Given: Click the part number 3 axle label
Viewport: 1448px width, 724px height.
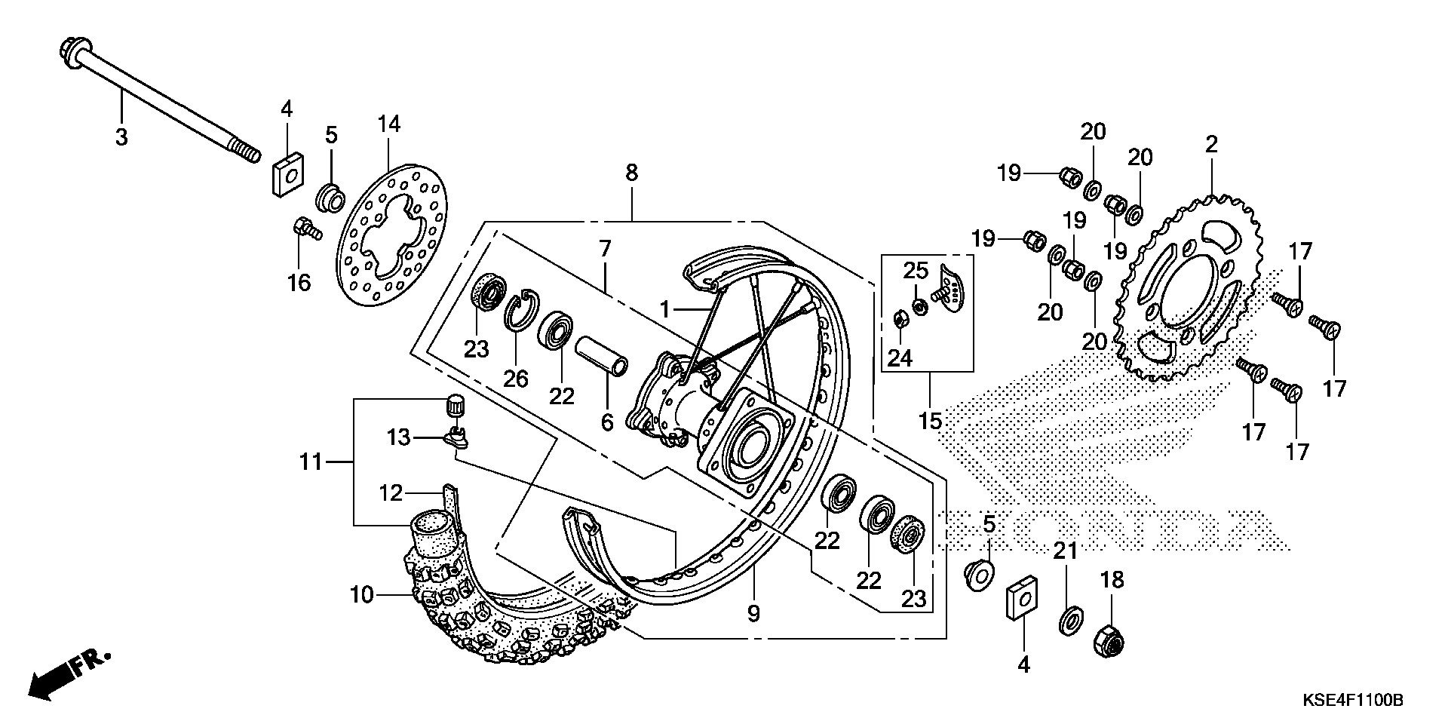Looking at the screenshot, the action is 121,137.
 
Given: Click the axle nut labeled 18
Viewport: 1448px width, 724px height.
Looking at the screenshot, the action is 1108,640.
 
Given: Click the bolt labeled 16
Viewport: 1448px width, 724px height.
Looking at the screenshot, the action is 306,228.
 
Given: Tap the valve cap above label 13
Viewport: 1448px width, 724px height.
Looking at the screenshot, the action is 455,405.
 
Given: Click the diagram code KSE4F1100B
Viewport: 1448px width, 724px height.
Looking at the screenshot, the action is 1353,701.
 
